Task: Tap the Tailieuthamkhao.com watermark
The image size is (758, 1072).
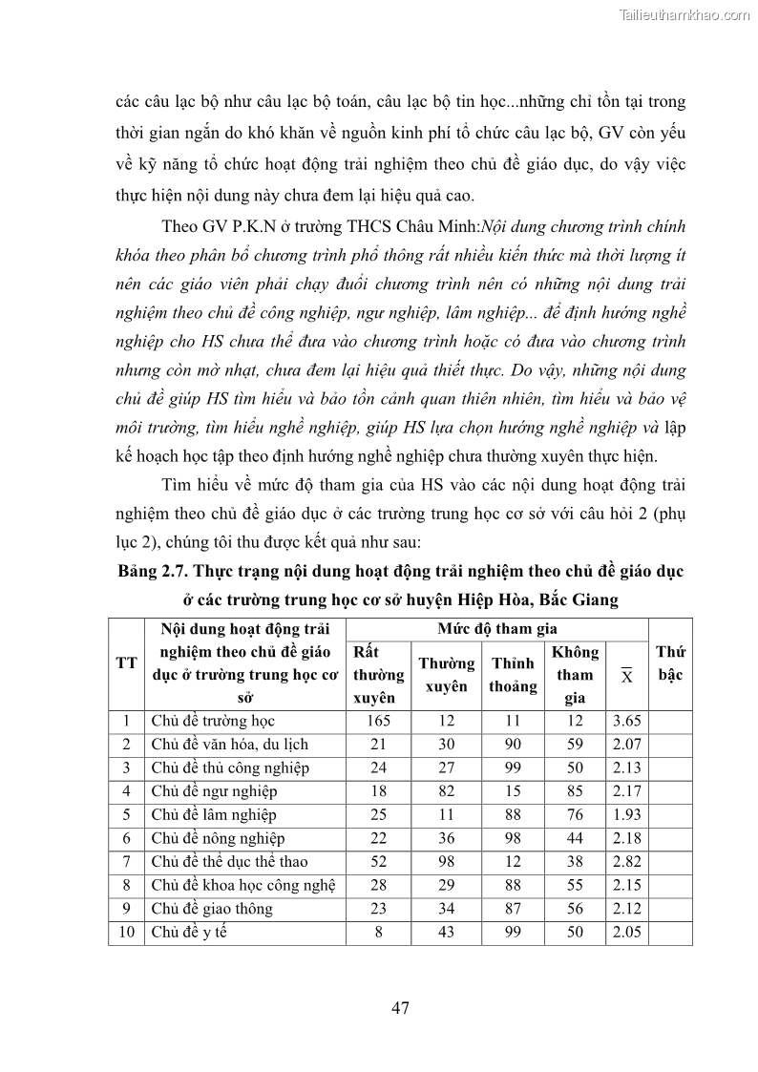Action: coord(685,14)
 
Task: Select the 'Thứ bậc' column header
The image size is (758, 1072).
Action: coord(669,663)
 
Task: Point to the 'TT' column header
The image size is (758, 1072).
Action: coord(126,663)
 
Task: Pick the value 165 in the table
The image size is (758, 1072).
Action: coord(379,721)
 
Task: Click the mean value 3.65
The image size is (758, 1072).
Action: coord(626,721)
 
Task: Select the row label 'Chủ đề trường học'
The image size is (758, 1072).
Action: coord(213,721)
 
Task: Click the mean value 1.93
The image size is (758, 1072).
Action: coord(626,814)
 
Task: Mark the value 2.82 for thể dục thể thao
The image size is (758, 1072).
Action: coord(626,861)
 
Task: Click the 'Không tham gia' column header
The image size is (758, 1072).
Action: coord(575,674)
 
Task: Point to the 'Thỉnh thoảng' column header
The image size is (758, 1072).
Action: coord(513,674)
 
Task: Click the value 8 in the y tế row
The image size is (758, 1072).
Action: coord(379,932)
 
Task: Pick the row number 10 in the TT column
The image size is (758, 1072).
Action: coord(126,932)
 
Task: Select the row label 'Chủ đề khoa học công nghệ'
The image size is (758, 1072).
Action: coord(242,885)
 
